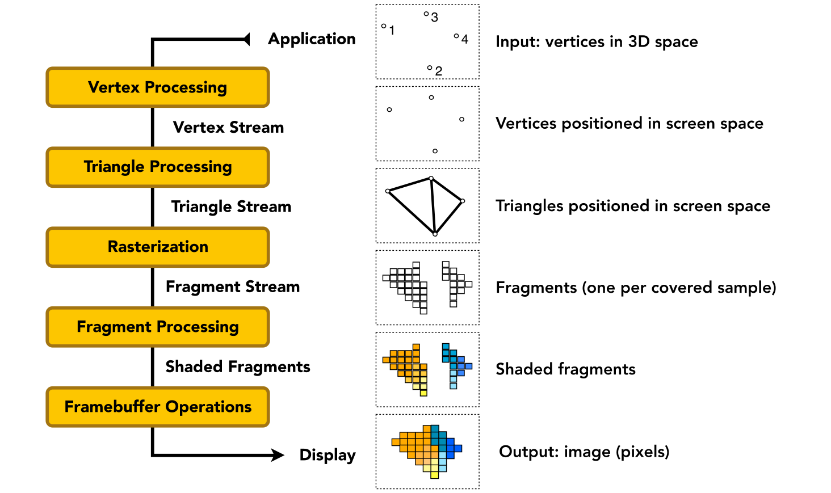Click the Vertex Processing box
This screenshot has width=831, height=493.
pyautogui.click(x=158, y=87)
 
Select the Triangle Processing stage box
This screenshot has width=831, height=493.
pyautogui.click(x=158, y=167)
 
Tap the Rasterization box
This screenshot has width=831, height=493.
pyautogui.click(x=158, y=247)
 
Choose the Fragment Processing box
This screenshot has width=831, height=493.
pyautogui.click(x=158, y=327)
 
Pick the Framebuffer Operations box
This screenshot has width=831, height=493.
pyautogui.click(x=158, y=407)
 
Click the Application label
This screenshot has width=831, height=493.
pyautogui.click(x=312, y=39)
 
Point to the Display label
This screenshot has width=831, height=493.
pyautogui.click(x=328, y=455)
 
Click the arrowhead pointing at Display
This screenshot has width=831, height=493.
pyautogui.click(x=278, y=455)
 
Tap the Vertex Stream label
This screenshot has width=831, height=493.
pyautogui.click(x=228, y=128)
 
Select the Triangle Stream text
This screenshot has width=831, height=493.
pyautogui.click(x=231, y=207)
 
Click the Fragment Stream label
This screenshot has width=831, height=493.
pyautogui.click(x=233, y=287)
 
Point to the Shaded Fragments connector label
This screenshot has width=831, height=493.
pyautogui.click(x=238, y=367)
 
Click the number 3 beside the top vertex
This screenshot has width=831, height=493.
pyautogui.click(x=434, y=18)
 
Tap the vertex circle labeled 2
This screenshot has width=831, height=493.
pyautogui.click(x=430, y=68)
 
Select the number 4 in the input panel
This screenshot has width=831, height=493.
pyautogui.click(x=464, y=39)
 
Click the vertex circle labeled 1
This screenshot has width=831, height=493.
pyautogui.click(x=384, y=26)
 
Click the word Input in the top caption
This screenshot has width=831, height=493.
pyautogui.click(x=517, y=42)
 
